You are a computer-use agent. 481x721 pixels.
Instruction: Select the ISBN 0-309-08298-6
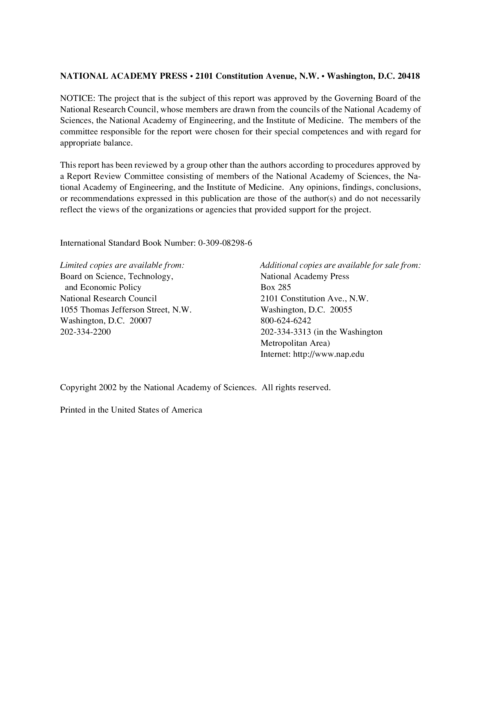click(x=225, y=243)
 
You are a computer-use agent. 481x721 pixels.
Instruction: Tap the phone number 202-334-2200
click(x=85, y=332)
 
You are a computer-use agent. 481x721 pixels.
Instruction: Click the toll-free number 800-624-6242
click(x=286, y=321)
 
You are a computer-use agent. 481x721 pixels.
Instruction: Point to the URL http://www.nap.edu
click(x=328, y=354)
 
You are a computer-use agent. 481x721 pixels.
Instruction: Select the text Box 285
click(x=276, y=288)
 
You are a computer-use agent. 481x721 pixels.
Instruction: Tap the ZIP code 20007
click(x=141, y=321)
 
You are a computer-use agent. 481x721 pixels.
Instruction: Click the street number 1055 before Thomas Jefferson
click(x=69, y=309)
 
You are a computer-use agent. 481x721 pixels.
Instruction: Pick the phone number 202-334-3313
click(x=286, y=332)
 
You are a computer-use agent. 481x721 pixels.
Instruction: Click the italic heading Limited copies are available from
click(x=122, y=265)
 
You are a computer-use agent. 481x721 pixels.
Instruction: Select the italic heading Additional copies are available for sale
click(x=340, y=265)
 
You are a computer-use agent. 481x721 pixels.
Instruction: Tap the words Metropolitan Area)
click(x=295, y=343)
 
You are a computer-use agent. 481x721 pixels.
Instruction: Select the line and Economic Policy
click(x=103, y=288)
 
